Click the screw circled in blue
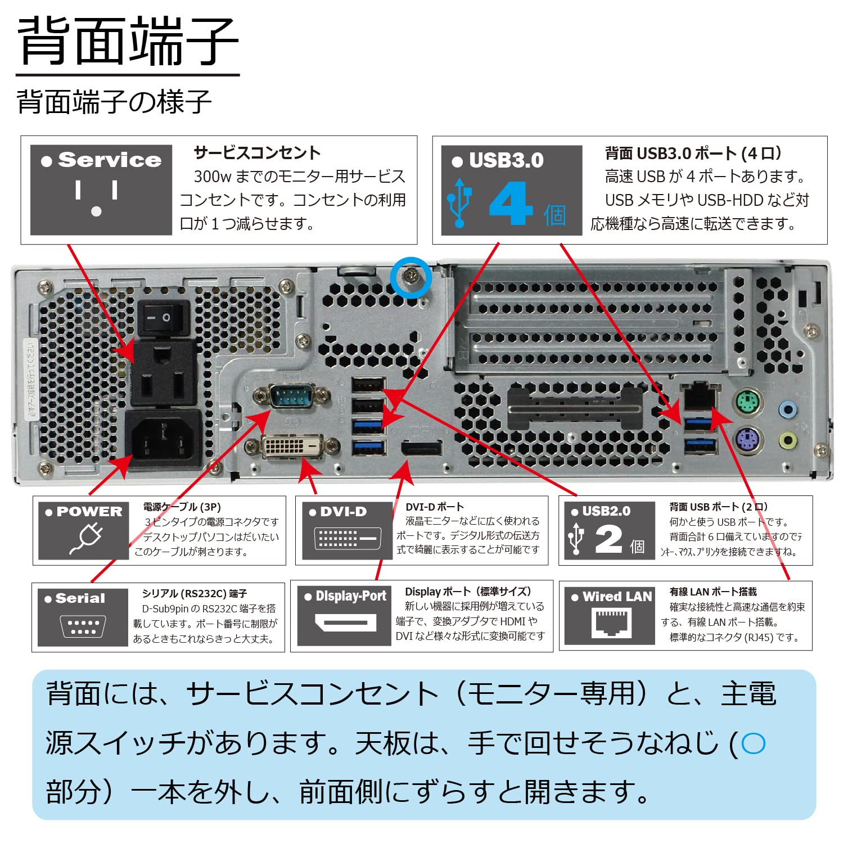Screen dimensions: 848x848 click(411, 276)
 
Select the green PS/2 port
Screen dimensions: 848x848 click(748, 403)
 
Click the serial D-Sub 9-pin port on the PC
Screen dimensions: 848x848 click(291, 396)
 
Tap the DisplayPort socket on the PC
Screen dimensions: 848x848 click(421, 449)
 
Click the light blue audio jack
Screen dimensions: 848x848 click(788, 409)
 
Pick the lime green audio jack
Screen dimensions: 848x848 click(788, 440)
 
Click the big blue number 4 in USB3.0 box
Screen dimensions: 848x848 click(511, 205)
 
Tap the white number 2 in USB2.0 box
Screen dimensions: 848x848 click(608, 540)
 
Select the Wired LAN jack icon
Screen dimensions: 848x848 click(611, 623)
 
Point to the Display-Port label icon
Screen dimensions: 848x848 click(344, 623)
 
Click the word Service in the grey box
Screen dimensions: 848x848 click(110, 160)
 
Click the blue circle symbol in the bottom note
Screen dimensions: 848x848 click(753, 743)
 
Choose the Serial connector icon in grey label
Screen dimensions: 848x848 click(82, 626)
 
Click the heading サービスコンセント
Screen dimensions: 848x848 click(257, 153)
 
